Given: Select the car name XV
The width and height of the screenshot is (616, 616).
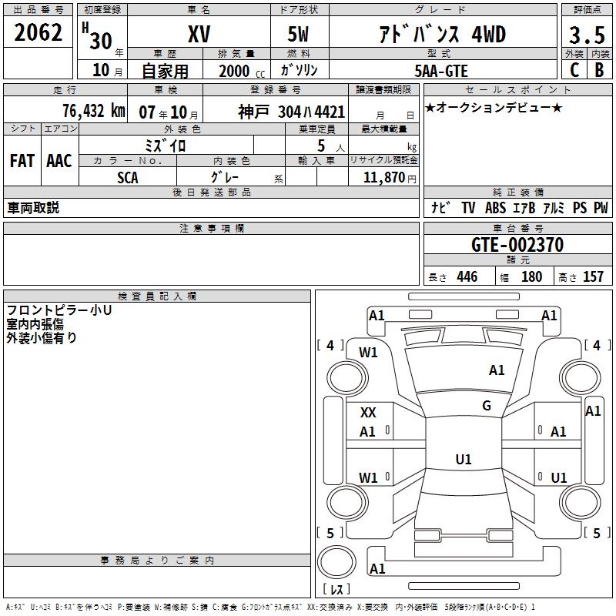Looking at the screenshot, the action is pos(199,34).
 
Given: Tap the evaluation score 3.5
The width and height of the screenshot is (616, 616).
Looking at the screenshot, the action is pos(586,35).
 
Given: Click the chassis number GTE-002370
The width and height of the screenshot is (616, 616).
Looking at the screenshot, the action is pos(517,246).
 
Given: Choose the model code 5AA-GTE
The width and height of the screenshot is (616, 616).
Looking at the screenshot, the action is pos(441,70).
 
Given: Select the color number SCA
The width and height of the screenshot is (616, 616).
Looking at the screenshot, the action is pos(128,177).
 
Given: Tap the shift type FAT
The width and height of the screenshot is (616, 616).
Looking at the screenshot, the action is pos(22,161).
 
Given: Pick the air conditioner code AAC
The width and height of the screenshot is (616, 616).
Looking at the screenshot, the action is pos(59,161).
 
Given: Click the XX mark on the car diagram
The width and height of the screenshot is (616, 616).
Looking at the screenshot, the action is pos(368,413).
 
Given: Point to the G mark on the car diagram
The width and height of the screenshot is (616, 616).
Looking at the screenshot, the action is pos(487,406).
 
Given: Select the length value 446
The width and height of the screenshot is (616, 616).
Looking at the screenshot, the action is pos(467,277).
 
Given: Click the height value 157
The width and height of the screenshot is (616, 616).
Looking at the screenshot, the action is pos(593,277).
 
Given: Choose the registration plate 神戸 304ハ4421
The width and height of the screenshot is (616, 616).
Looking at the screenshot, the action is pos(292,112).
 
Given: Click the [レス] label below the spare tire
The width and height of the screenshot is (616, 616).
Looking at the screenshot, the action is pos(336,591).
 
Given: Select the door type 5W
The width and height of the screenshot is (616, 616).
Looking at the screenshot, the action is pos(300,34).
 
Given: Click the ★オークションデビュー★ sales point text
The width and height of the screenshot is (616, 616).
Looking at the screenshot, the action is pos(494,107).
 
